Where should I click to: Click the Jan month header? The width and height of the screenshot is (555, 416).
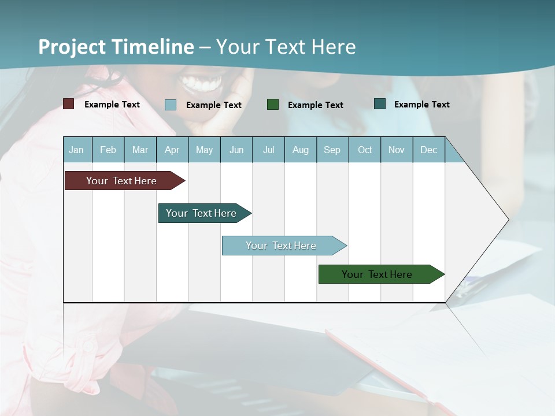click(77, 150)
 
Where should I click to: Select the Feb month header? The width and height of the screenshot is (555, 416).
click(108, 150)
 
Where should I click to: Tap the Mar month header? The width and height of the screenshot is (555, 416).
click(140, 150)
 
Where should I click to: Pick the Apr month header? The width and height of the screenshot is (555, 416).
click(172, 150)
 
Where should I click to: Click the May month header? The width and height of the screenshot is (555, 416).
click(204, 150)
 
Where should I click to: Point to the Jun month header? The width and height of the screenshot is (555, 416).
click(236, 150)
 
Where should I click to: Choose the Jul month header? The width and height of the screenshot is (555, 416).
click(268, 150)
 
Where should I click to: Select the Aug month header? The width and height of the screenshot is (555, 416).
click(301, 150)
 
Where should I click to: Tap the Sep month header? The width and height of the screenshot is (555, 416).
click(332, 150)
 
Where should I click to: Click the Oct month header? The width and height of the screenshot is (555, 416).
click(365, 150)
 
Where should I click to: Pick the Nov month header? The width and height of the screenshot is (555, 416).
click(397, 150)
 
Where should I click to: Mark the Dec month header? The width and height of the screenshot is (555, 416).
click(429, 150)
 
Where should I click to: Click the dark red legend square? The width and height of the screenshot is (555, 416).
click(69, 104)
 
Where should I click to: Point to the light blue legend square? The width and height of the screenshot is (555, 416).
click(171, 105)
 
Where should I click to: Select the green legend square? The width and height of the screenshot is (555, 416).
click(273, 104)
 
